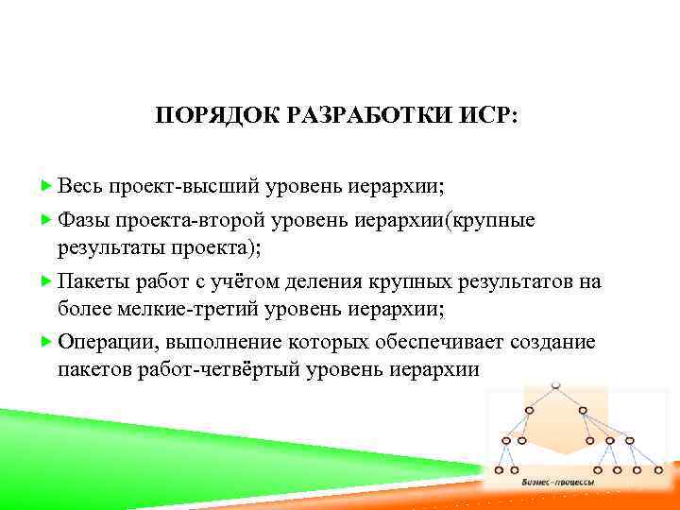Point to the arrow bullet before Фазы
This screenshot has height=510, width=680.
pyautogui.click(x=48, y=221)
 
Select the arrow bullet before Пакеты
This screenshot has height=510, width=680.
pyautogui.click(x=48, y=282)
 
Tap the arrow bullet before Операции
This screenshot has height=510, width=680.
pyautogui.click(x=48, y=343)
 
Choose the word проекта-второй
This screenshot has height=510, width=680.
pyautogui.click(x=194, y=221)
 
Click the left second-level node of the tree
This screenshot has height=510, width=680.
pyautogui.click(x=529, y=410)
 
